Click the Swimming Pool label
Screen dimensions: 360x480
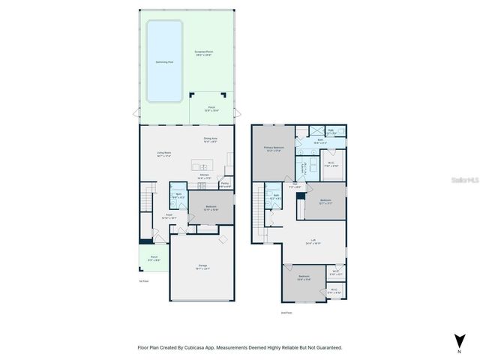[x=163, y=62]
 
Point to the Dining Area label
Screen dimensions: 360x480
[x=210, y=139]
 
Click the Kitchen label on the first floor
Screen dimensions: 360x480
[x=203, y=176]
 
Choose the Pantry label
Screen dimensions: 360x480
[x=225, y=184]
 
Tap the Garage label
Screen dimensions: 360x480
[x=202, y=266]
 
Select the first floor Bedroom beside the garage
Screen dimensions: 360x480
[x=211, y=208]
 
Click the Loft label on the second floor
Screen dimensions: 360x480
[x=313, y=241]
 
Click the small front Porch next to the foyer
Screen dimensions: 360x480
[x=154, y=258]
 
